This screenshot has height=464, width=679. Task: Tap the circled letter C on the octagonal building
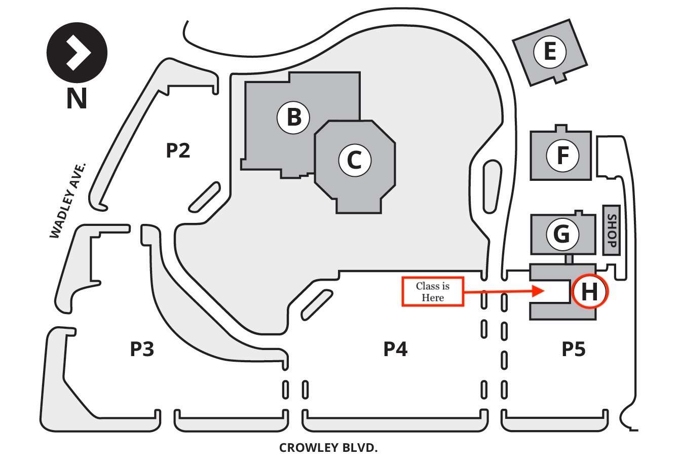tap(354, 161)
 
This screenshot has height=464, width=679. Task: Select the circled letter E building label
tap(549, 52)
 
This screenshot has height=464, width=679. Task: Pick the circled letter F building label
tap(562, 156)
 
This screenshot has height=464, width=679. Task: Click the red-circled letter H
tap(589, 292)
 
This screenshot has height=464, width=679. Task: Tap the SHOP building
tap(611, 229)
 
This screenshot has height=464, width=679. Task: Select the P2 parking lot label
tap(178, 150)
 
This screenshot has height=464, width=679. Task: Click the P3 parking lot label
tap(142, 349)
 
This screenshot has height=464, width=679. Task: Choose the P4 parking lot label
tap(395, 349)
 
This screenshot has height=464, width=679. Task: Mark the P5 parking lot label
tap(573, 349)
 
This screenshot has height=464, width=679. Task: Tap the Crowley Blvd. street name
tap(328, 448)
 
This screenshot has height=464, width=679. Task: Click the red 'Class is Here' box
tap(433, 292)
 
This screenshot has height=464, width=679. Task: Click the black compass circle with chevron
tap(77, 53)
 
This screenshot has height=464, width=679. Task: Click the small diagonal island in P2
tap(205, 197)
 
